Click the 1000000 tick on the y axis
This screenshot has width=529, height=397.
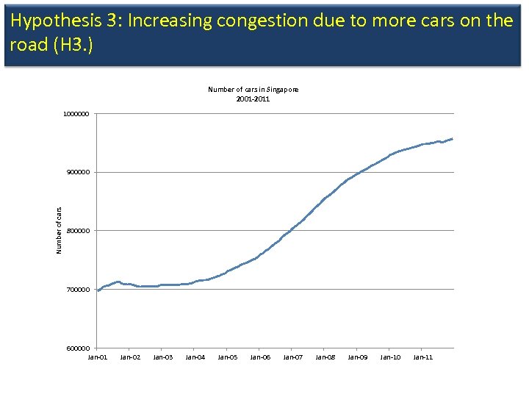coord(76,114)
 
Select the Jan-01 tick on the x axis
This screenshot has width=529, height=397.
coord(98,357)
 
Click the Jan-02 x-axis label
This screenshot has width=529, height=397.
coord(130,357)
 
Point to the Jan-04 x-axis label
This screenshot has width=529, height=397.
coord(195,357)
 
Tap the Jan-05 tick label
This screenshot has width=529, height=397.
coord(228,357)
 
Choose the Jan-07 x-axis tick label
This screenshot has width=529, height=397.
coord(292,357)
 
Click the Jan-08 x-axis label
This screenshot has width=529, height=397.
coord(325,357)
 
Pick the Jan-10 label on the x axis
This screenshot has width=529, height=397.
coord(390,357)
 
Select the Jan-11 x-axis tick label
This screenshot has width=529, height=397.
coord(422,357)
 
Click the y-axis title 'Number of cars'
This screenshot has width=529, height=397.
coord(60,231)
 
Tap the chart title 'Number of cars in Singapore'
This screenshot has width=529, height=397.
coord(253,90)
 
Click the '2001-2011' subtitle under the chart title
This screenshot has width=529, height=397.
coord(253,99)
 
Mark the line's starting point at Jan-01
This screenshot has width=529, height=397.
coord(98,290)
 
